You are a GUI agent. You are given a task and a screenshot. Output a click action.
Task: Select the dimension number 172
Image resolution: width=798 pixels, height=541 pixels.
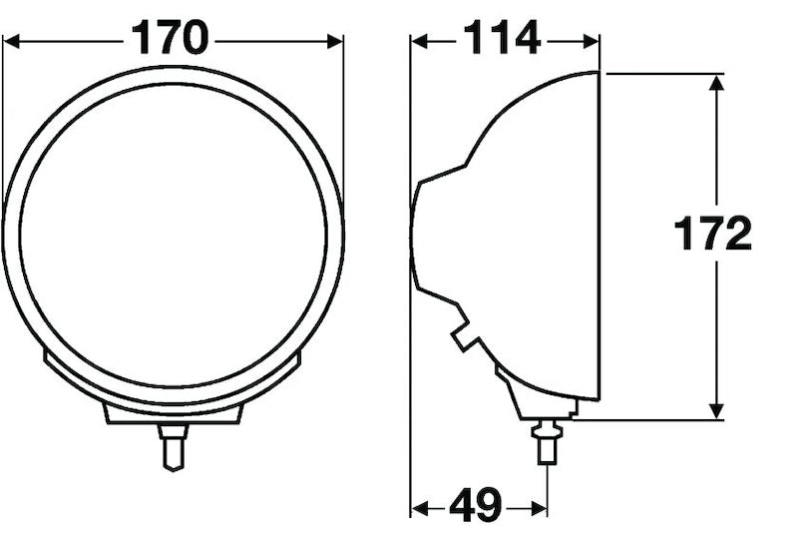coord(711,236)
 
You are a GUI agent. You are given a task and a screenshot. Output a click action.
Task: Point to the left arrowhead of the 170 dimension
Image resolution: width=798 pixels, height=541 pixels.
coord(12,41)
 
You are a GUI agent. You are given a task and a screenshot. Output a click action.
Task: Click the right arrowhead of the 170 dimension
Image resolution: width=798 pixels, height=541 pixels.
coord(334,41)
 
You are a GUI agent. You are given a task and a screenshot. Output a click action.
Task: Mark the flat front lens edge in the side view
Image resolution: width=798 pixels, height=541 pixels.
coord(598,236)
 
